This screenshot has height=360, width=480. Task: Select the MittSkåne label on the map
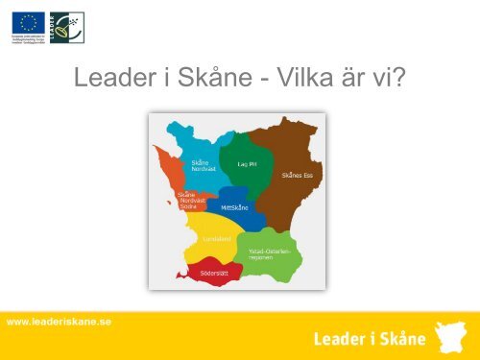point(236,205)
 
